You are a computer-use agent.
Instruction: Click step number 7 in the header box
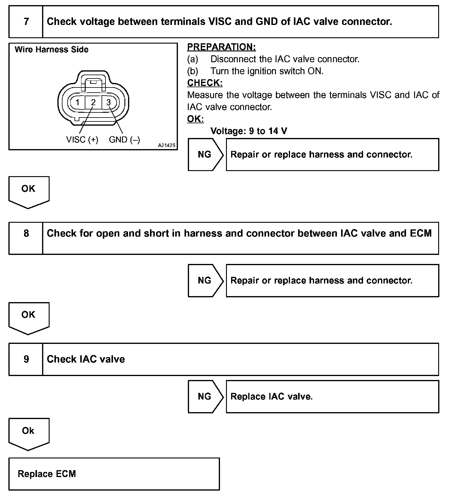tap(26, 22)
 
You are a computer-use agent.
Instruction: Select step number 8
tap(26, 234)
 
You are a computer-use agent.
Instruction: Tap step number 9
tap(26, 359)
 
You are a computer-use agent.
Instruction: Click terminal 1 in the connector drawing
tap(78, 103)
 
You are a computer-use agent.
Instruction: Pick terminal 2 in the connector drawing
tap(93, 103)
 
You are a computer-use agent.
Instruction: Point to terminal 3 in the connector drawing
tap(109, 103)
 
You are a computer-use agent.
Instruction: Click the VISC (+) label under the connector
tap(82, 140)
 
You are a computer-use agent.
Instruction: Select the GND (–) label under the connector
tap(124, 140)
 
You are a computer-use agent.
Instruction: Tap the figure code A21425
tap(166, 145)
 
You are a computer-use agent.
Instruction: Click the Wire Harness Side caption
tap(51, 50)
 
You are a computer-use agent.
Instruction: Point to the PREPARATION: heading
tap(221, 47)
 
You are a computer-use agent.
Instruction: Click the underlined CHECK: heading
tap(205, 83)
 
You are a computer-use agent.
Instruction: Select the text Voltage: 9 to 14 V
tap(249, 131)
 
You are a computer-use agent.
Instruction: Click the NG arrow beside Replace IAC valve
tap(205, 396)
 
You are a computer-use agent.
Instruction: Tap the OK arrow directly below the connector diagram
tap(29, 191)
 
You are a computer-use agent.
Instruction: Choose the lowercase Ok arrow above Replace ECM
tap(29, 433)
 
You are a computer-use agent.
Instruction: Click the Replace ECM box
tap(114, 474)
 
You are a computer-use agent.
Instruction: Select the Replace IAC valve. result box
tap(332, 396)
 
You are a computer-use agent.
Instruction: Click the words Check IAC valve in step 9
tap(86, 359)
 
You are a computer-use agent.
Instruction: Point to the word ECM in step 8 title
tap(420, 233)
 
